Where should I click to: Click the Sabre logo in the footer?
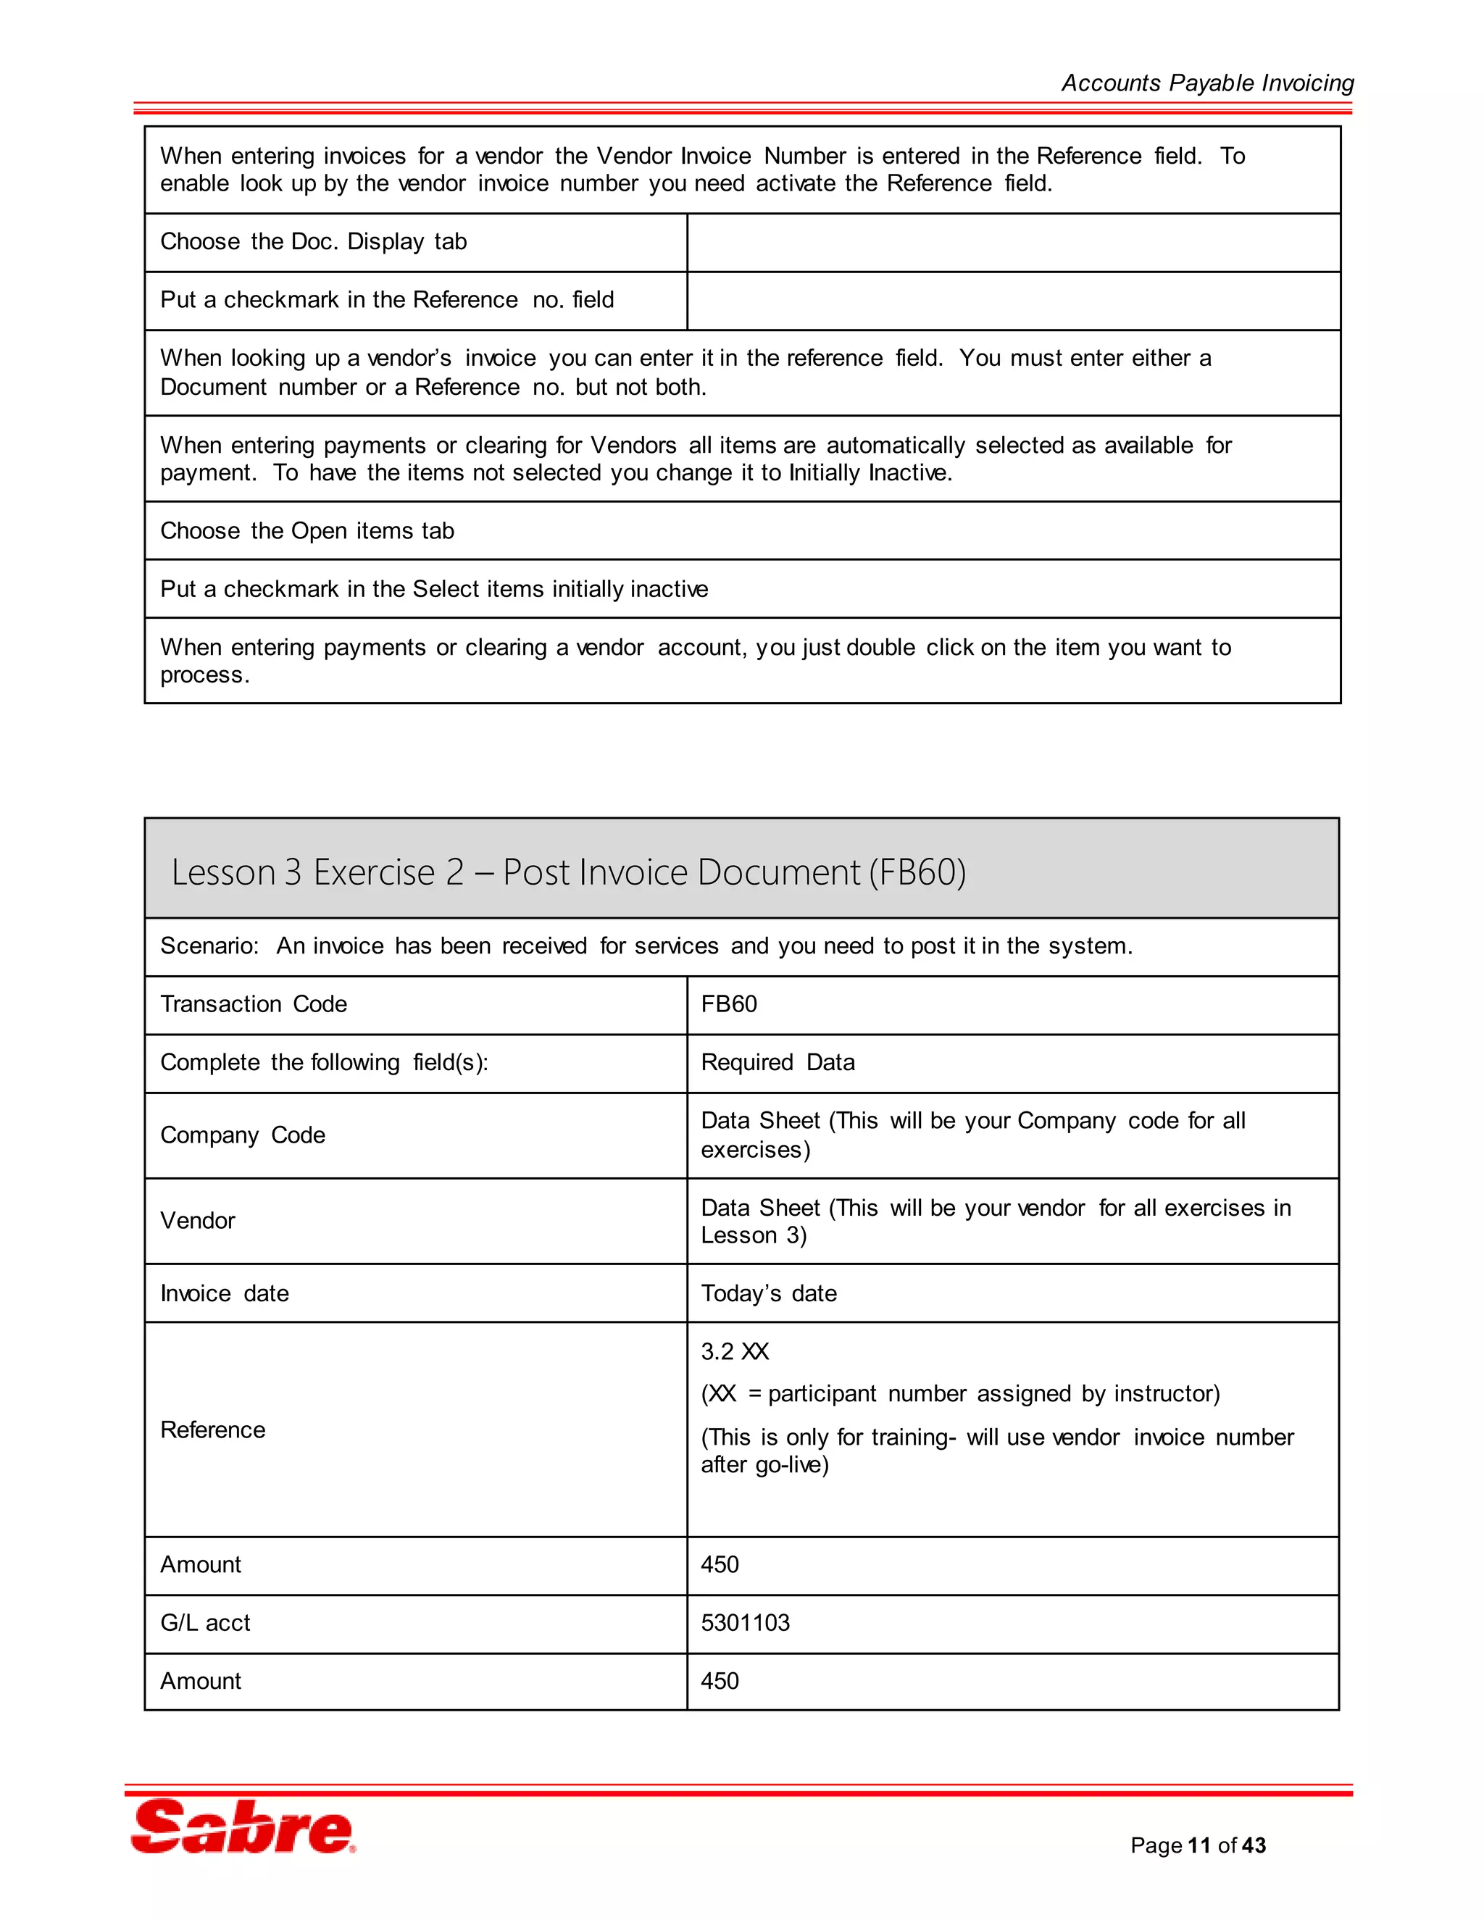click(x=243, y=1827)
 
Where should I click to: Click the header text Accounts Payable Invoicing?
click(x=1207, y=83)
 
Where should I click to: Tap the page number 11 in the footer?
click(x=1199, y=1845)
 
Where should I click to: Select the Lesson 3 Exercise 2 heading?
click(x=568, y=872)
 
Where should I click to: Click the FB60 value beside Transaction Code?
click(x=729, y=1004)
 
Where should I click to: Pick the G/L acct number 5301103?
click(x=745, y=1623)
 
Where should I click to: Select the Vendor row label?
click(x=198, y=1220)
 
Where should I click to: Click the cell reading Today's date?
click(x=768, y=1293)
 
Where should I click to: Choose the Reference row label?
click(x=213, y=1429)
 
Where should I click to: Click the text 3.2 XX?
click(x=735, y=1351)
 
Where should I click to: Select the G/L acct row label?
click(x=205, y=1623)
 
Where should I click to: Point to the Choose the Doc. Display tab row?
click(x=313, y=242)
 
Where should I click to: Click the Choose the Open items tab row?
click(x=307, y=531)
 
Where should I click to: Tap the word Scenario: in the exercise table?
click(x=209, y=946)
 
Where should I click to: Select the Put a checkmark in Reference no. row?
click(x=387, y=300)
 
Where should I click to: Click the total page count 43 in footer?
click(x=1254, y=1845)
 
